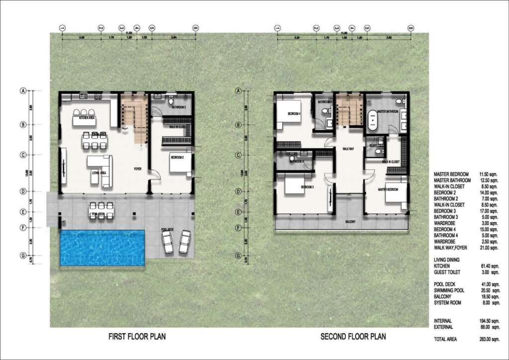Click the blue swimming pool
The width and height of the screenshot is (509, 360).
[102, 247]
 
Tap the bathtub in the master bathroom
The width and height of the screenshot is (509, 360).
[371, 120]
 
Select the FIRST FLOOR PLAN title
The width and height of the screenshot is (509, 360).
[137, 337]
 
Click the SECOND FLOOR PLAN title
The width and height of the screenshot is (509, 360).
[353, 337]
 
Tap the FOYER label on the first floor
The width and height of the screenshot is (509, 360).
[138, 169]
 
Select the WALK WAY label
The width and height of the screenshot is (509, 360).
[348, 149]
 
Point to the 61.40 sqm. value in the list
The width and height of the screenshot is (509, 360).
[485, 266]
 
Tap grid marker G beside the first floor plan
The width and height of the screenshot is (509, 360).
[22, 257]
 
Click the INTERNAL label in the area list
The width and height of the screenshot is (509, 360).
[443, 321]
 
